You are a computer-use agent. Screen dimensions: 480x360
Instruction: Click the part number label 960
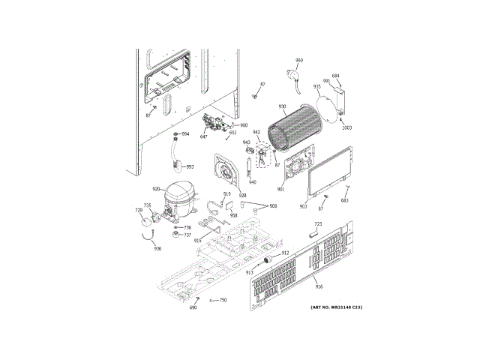[x=299, y=60]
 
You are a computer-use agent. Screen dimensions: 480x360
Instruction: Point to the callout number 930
[x=283, y=106]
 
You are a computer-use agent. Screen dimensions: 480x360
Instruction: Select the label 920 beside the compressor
[x=156, y=189]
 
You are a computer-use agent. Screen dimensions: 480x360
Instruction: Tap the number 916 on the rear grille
[x=319, y=287]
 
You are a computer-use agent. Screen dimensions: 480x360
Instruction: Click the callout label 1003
[x=346, y=127]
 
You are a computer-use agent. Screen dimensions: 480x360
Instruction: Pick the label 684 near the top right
[x=336, y=75]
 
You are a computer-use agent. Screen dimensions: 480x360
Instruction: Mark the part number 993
[x=190, y=166]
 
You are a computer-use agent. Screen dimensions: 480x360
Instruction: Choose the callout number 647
[x=203, y=136]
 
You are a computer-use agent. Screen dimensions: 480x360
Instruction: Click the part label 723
[x=318, y=225]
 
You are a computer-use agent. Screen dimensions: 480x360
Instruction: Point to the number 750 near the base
[x=223, y=300]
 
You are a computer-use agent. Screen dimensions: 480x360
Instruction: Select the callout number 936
[x=157, y=248]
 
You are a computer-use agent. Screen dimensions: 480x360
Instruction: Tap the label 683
[x=345, y=200]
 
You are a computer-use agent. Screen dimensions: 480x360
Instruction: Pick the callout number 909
[x=272, y=206]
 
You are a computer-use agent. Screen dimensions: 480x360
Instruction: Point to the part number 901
[x=280, y=189]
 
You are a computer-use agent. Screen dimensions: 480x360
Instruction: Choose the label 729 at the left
[x=138, y=211]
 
